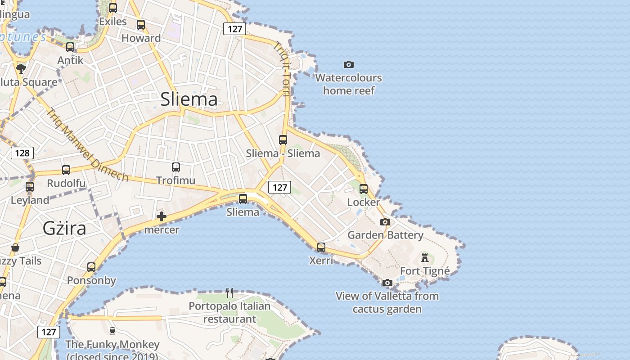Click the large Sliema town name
(189, 99)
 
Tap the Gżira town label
(64, 229)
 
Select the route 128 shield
(22, 153)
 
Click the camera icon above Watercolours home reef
(348, 65)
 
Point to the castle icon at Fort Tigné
(425, 258)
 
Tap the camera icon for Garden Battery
(385, 222)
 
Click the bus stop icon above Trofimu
(176, 167)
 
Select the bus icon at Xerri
(321, 247)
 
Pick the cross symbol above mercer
(162, 217)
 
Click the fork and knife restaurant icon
(229, 293)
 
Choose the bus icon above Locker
(364, 189)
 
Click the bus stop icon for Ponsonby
(91, 267)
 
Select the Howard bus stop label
(141, 38)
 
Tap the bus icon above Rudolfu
(66, 170)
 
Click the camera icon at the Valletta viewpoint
(387, 283)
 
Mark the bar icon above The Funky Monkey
(112, 331)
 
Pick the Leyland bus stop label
(30, 200)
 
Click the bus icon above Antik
(70, 47)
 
